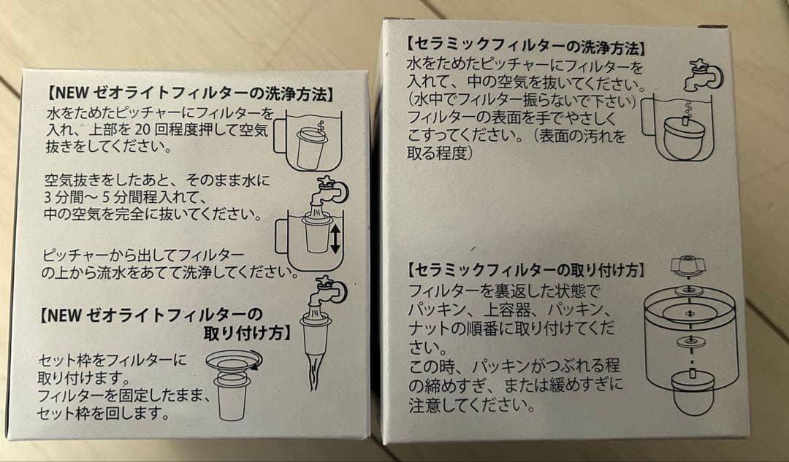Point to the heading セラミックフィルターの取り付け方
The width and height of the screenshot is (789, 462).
tap(525, 270)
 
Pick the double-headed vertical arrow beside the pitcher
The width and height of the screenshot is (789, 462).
tap(335, 239)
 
